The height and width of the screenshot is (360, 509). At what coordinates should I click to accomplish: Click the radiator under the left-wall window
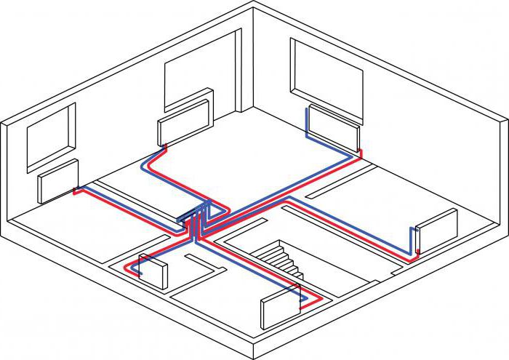point(58,182)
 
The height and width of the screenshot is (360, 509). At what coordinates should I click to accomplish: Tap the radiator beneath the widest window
point(333,127)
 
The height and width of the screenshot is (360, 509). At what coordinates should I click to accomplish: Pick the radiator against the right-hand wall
point(437,230)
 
